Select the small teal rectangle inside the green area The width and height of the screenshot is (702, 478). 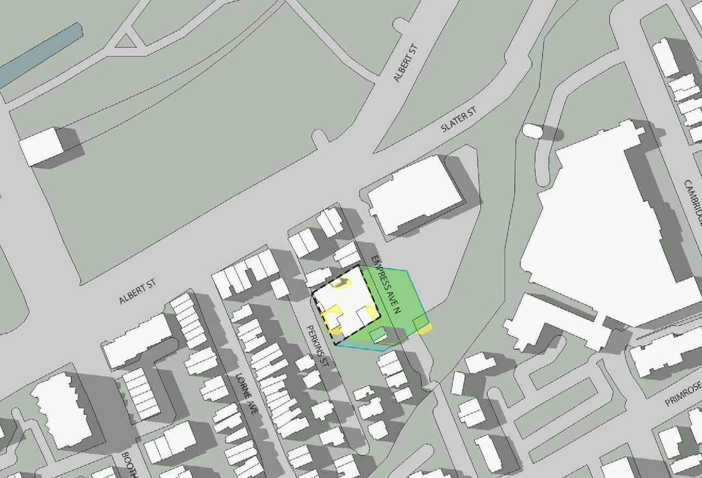pos(378,335)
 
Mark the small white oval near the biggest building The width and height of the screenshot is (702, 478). pos(531,130)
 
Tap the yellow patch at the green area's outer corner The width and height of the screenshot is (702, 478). pos(424,329)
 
